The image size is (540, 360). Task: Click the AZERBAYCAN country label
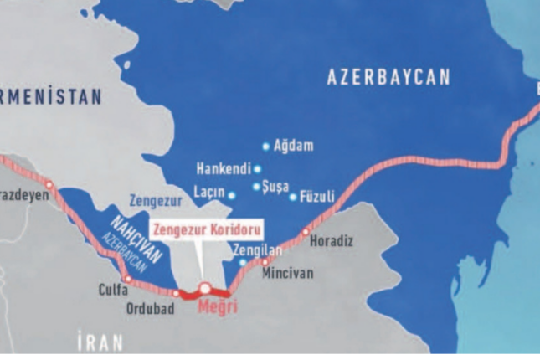(x=388, y=78)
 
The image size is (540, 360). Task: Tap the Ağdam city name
(x=293, y=147)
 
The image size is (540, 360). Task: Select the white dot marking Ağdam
(x=266, y=147)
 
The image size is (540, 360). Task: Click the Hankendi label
(x=223, y=168)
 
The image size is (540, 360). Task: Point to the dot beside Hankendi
(x=257, y=168)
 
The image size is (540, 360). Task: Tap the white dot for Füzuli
(x=293, y=198)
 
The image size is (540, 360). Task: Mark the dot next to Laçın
(x=232, y=196)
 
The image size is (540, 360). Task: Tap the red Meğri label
(x=218, y=307)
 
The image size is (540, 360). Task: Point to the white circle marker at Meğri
(x=203, y=289)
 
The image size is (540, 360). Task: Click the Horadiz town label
(x=332, y=241)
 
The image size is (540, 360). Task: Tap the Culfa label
(x=113, y=291)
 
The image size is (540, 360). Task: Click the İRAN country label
(x=100, y=342)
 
